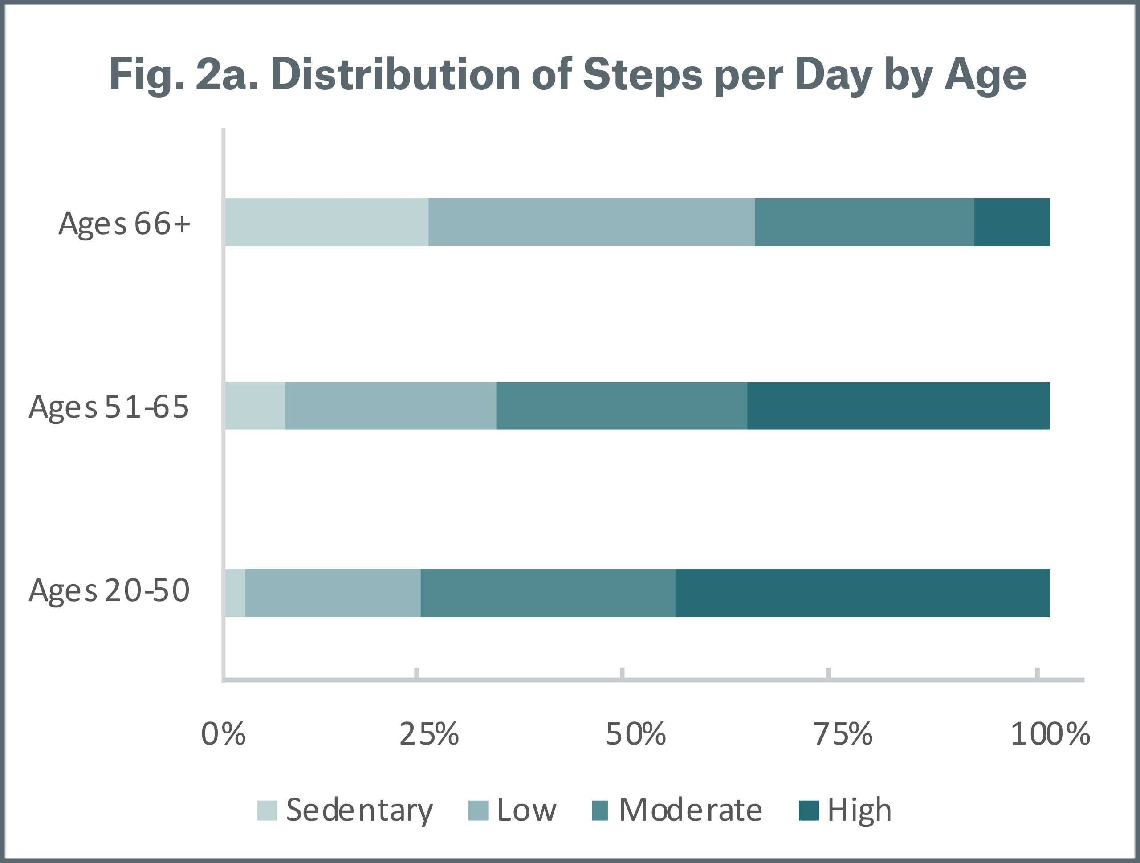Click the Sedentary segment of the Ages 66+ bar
click(326, 222)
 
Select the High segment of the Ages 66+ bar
click(1012, 222)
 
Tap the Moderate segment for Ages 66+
click(864, 222)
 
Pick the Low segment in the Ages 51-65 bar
click(390, 406)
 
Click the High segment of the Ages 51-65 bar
click(898, 406)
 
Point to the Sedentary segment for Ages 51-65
click(255, 406)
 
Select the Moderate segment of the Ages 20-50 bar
click(547, 593)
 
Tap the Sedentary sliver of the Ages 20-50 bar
click(236, 593)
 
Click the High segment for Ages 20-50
click(862, 593)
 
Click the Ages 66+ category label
click(124, 224)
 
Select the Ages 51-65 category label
click(109, 407)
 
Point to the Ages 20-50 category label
click(109, 590)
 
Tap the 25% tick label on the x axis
click(429, 734)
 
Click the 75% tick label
click(843, 734)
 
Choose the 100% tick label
click(1050, 734)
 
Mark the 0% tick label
click(223, 734)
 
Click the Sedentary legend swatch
click(267, 810)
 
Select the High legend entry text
click(859, 810)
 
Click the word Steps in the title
click(642, 75)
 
